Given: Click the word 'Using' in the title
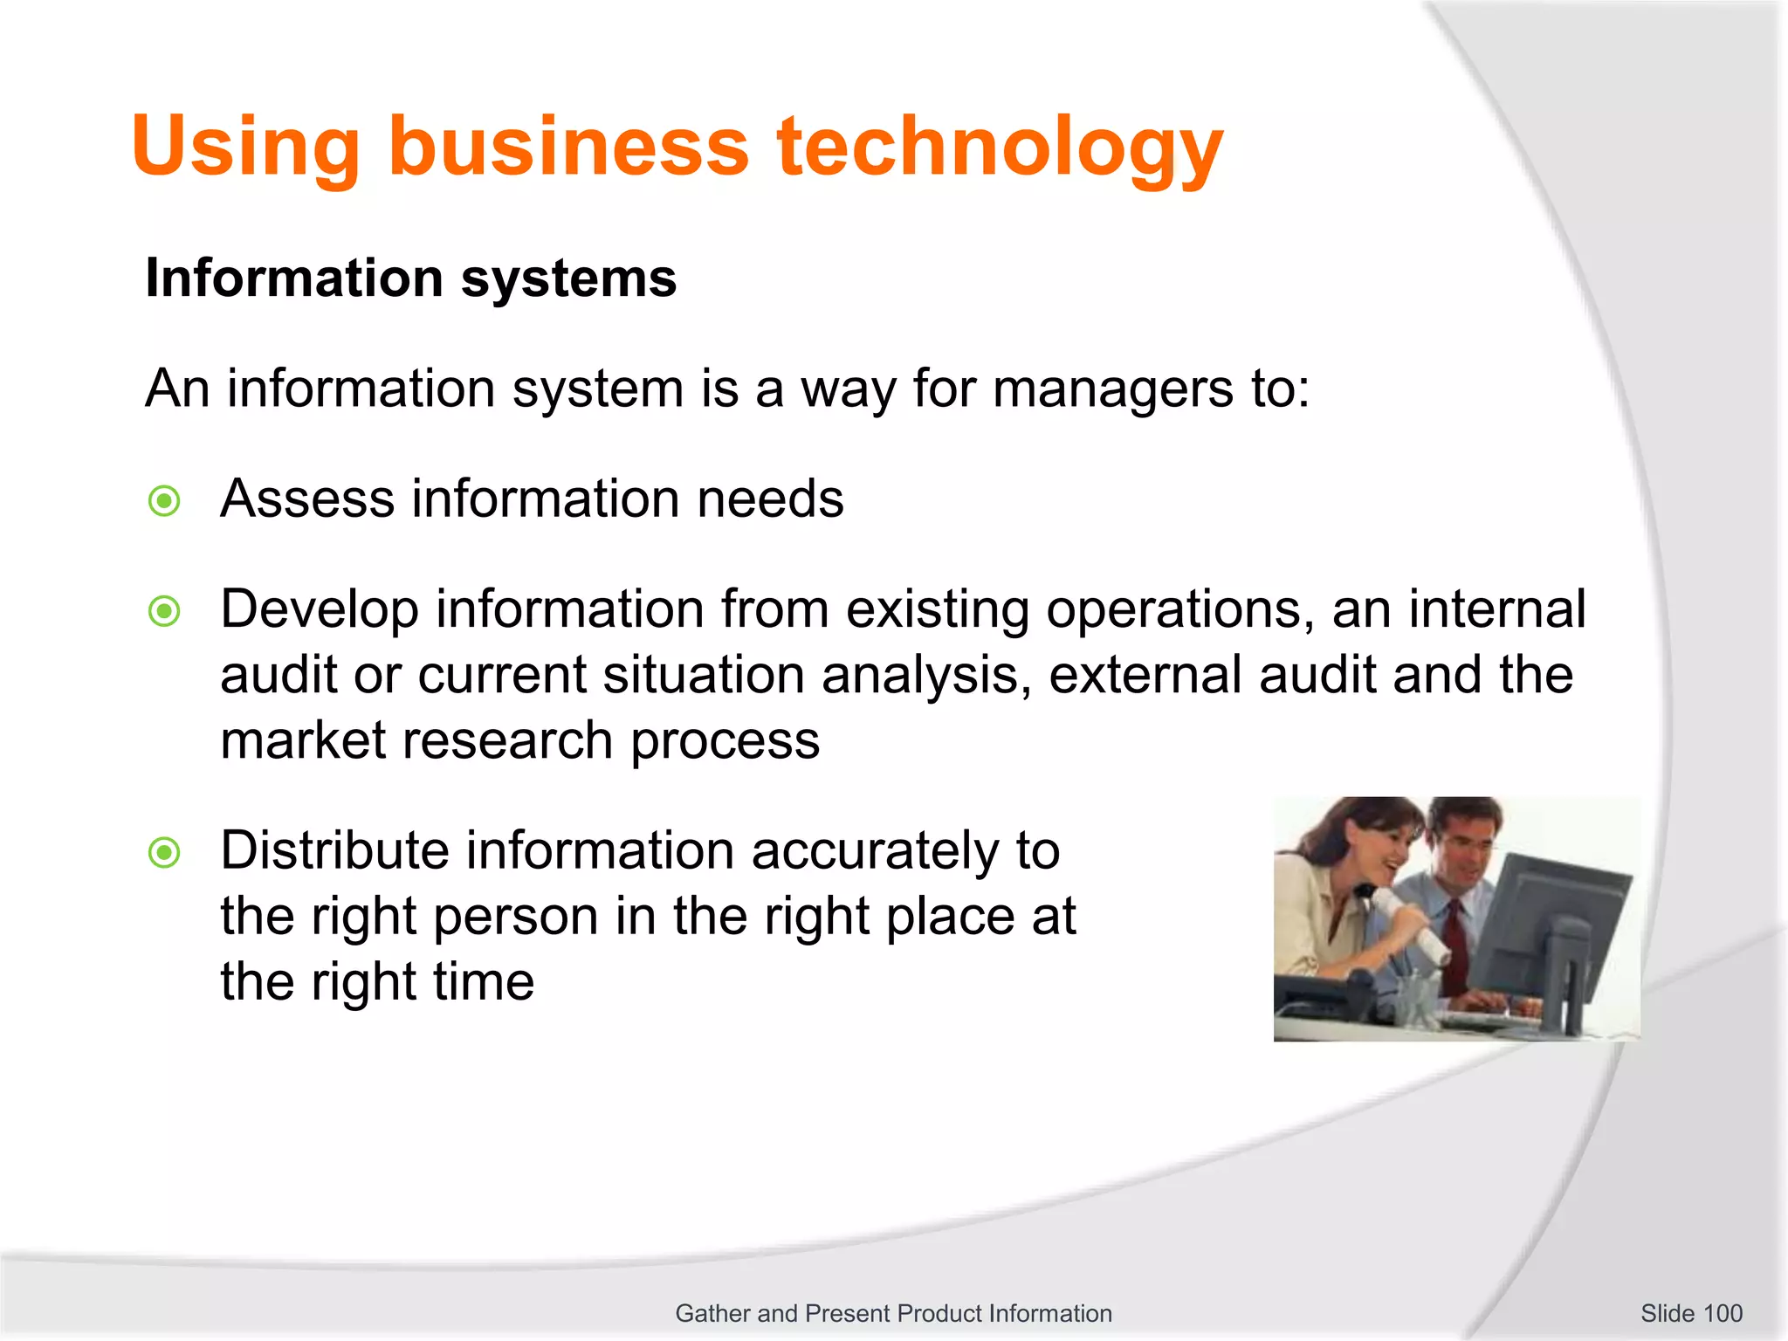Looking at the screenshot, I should [245, 147].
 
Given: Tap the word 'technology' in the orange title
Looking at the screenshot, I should [1000, 147].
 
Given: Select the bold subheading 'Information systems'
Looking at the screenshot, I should [410, 279].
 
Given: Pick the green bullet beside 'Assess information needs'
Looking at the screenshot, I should [164, 501].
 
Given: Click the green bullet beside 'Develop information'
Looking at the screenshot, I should [164, 611].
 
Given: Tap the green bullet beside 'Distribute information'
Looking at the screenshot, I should [164, 852].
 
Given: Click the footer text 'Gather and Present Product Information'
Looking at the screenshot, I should [893, 1313].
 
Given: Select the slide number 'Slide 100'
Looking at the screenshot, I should [1691, 1313].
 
